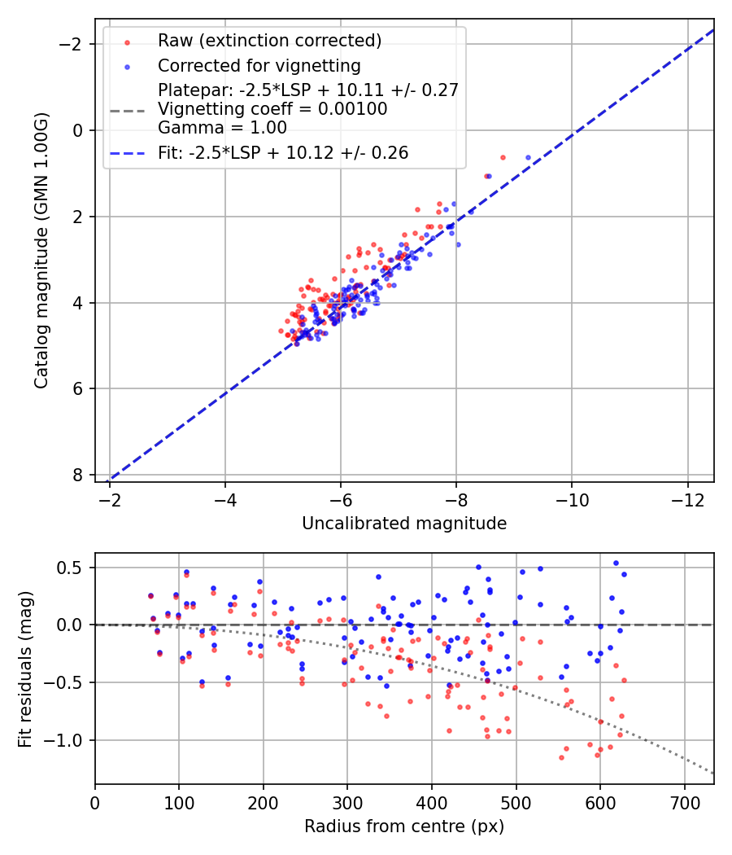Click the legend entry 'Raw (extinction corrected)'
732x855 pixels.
[x=269, y=41]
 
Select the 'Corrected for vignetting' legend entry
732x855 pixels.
[x=259, y=65]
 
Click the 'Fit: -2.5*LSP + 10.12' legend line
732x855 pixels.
[x=127, y=152]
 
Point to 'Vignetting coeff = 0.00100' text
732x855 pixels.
[x=272, y=109]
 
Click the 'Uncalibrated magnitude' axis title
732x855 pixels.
[x=404, y=524]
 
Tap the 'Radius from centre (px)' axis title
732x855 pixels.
[x=404, y=826]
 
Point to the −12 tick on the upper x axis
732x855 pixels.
[x=687, y=498]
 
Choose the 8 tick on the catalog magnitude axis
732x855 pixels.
[x=78, y=475]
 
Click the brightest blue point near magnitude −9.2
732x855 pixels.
[x=528, y=157]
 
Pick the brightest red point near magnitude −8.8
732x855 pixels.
[x=503, y=157]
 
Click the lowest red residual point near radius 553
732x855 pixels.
[x=561, y=757]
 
